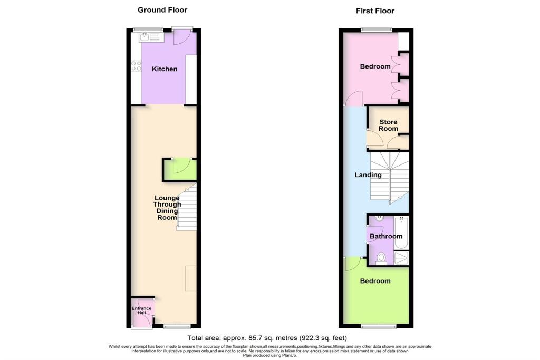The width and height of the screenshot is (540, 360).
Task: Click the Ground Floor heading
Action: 162,10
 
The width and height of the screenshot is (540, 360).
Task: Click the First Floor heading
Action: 375,11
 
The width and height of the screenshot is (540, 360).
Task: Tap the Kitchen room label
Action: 165,69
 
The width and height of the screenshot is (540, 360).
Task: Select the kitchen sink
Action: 144,37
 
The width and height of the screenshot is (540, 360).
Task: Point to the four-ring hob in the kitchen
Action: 136,66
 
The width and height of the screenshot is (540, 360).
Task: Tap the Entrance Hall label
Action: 141,310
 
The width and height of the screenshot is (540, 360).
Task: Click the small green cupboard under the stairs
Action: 180,170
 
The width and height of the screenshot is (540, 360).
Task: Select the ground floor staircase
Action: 187,209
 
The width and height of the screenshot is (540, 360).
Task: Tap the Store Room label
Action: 388,125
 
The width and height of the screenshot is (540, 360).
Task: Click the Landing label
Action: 368,175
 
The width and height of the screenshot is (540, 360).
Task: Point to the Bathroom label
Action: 385,237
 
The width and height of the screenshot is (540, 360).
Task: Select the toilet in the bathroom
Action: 381,257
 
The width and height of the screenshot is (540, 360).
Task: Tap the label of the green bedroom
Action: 375,281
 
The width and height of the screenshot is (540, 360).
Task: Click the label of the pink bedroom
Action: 375,66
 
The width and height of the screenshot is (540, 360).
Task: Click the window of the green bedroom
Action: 378,326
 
